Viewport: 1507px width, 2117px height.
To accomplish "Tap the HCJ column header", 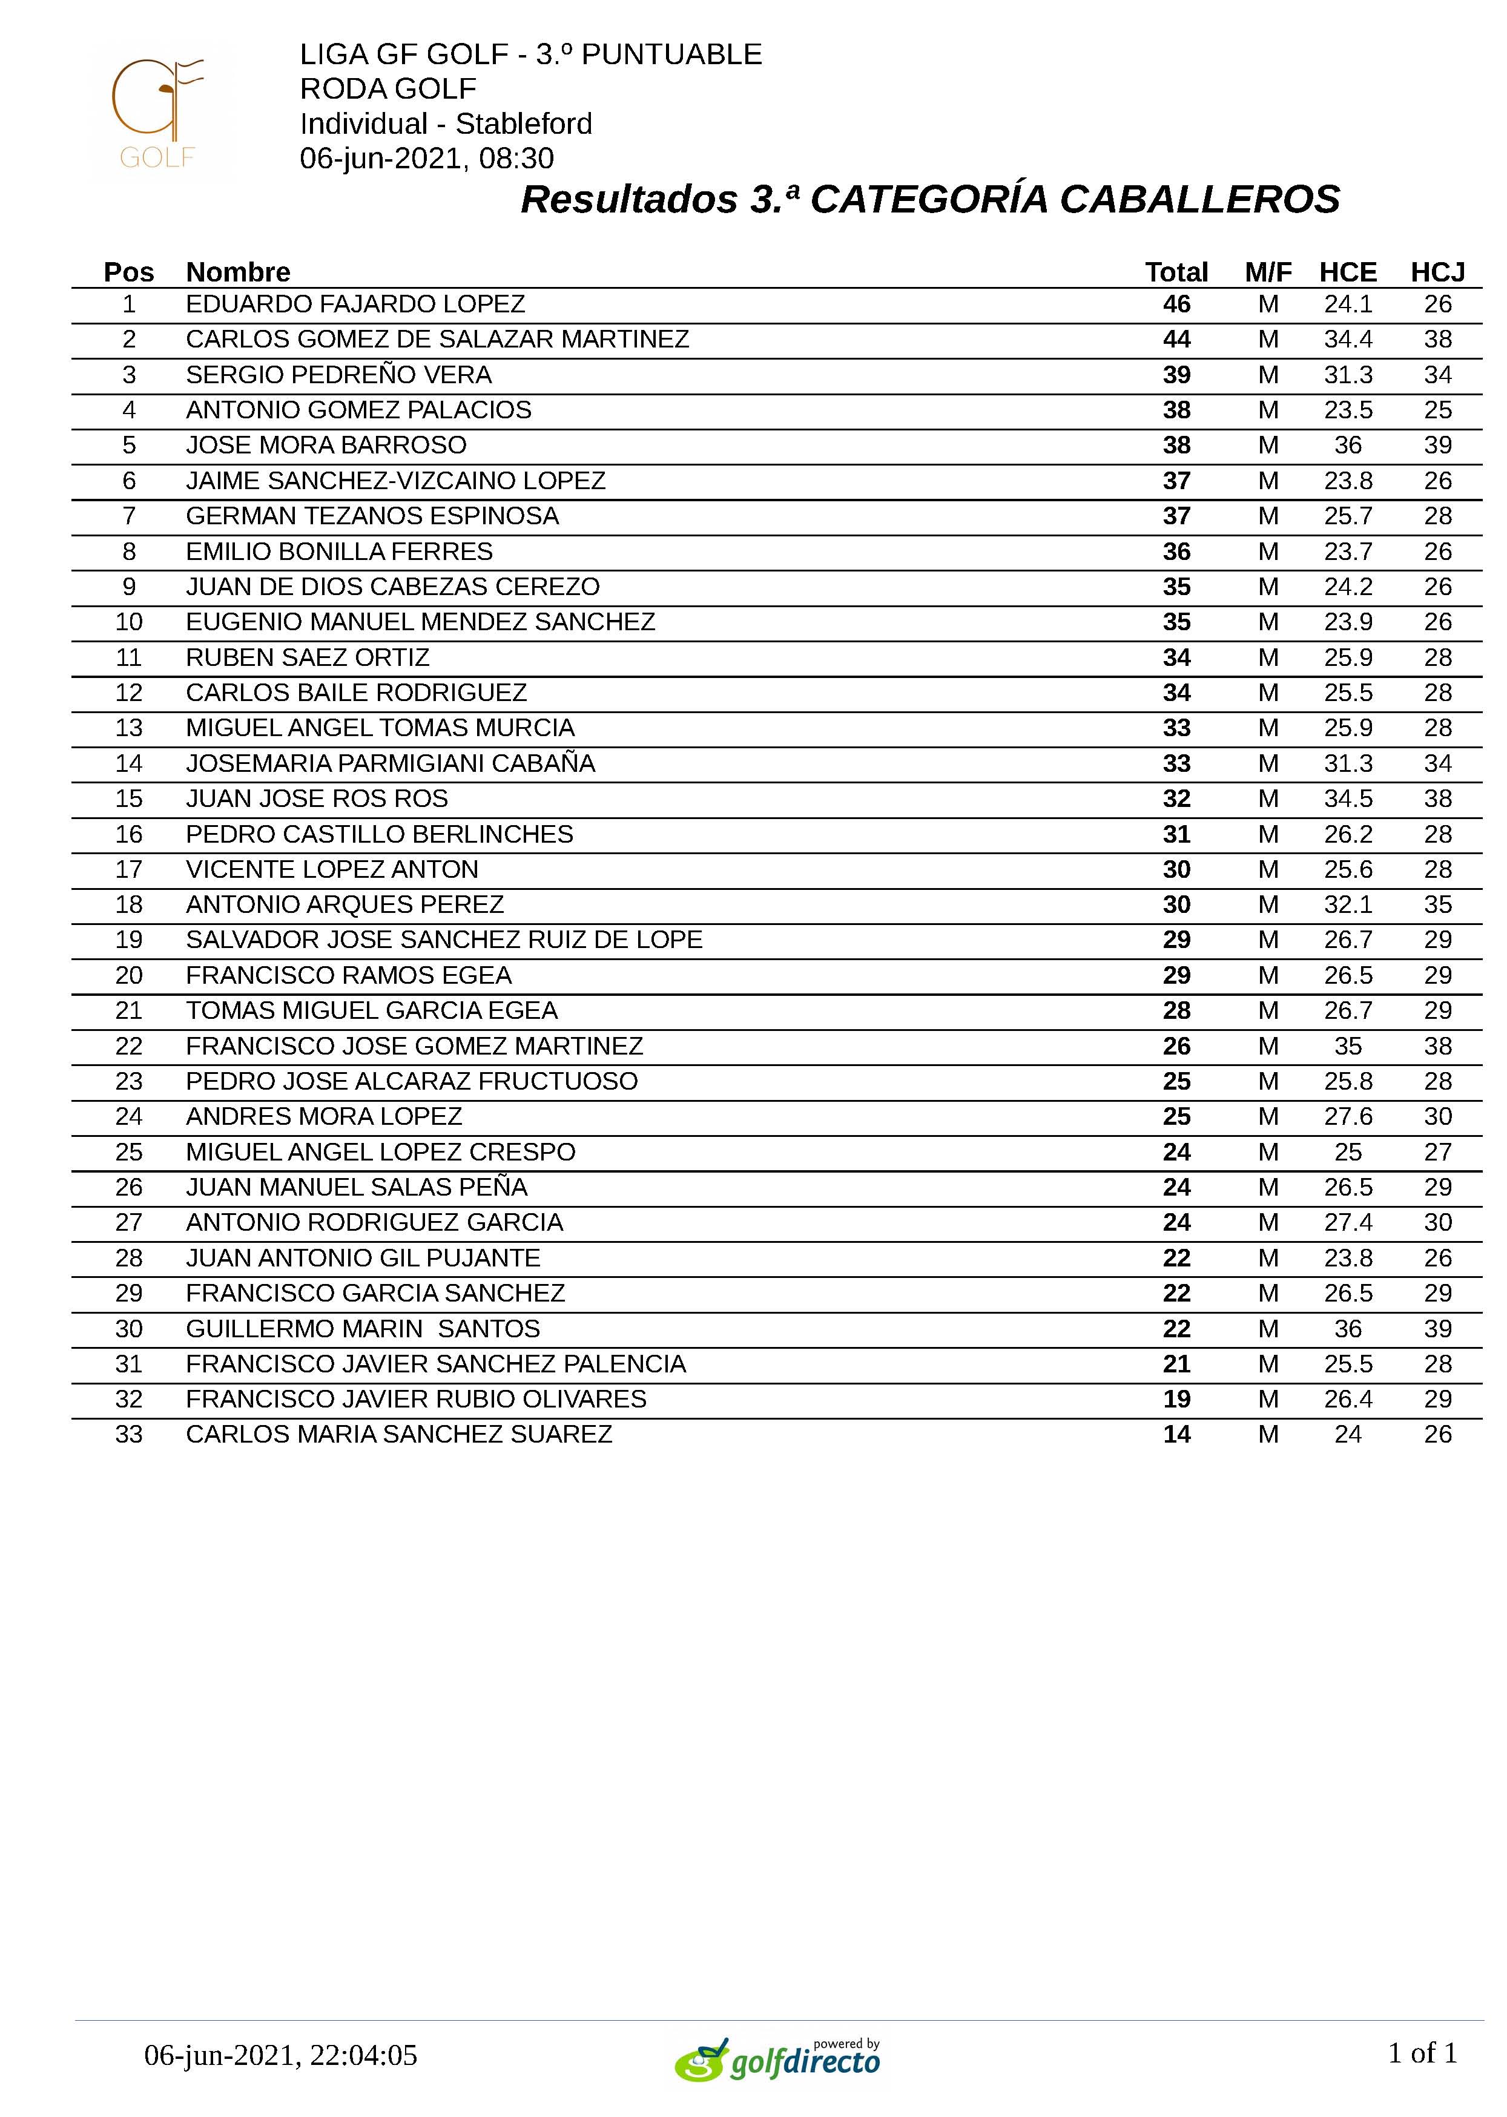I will click(x=1437, y=272).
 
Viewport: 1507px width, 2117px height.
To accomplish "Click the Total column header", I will click(x=1176, y=272).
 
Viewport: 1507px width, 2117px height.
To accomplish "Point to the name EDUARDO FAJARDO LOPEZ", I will click(x=355, y=305).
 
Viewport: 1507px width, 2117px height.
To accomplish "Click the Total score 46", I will click(x=1176, y=305).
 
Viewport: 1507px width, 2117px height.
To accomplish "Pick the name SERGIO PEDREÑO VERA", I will click(x=338, y=375).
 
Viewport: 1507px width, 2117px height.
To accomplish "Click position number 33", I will click(x=129, y=1434).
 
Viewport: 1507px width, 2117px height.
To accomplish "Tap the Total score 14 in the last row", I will click(x=1176, y=1434).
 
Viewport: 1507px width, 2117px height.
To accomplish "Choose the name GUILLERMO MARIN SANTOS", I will click(x=363, y=1328).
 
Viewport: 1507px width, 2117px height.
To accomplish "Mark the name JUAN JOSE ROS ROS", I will click(x=317, y=798).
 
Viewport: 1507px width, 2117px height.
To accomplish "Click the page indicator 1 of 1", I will click(x=1422, y=2053).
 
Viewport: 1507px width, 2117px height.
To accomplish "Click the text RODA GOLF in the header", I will click(x=388, y=89).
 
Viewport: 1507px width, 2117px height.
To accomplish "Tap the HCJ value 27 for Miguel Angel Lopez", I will click(x=1437, y=1152).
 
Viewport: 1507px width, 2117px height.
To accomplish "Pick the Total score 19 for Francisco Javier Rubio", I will click(x=1176, y=1399).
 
